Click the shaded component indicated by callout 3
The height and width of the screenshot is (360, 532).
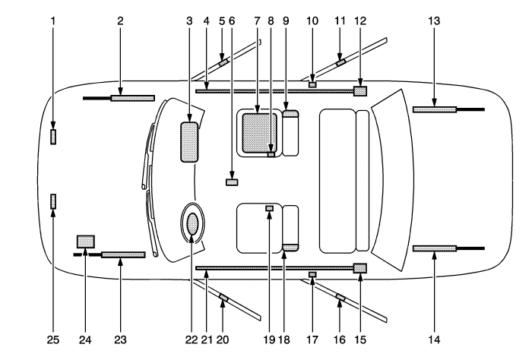pyautogui.click(x=188, y=142)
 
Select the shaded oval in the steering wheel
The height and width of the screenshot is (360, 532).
pyautogui.click(x=192, y=223)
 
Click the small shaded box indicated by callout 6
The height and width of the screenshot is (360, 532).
pyautogui.click(x=233, y=182)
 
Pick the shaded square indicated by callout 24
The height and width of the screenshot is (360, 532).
pyautogui.click(x=85, y=242)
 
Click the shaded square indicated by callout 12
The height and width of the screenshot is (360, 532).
pyautogui.click(x=360, y=91)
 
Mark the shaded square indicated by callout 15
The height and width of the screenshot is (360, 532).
pyautogui.click(x=360, y=268)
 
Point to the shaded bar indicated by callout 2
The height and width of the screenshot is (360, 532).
pyautogui.click(x=132, y=98)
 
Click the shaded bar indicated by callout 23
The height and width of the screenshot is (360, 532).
pyautogui.click(x=122, y=255)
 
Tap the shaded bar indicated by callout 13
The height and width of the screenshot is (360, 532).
pyautogui.click(x=434, y=109)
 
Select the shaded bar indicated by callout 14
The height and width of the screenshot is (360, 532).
pyautogui.click(x=434, y=248)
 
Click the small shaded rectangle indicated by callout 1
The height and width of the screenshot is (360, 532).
pyautogui.click(x=53, y=137)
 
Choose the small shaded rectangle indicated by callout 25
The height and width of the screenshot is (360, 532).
pyautogui.click(x=53, y=201)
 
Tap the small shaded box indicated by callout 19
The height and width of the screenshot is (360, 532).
pyautogui.click(x=268, y=208)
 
